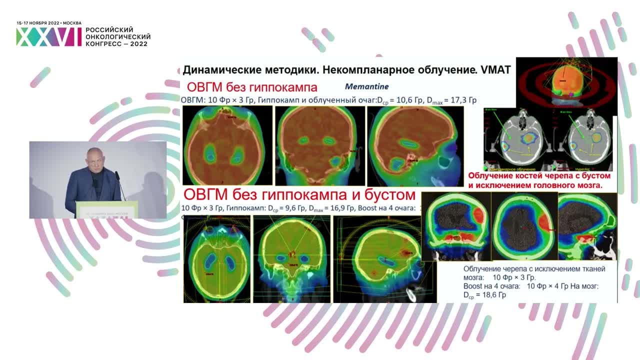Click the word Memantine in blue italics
366,86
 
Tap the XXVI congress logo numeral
48,37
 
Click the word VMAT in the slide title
495,70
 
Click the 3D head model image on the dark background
566,82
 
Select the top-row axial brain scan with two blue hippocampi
227,145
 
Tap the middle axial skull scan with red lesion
524,226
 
